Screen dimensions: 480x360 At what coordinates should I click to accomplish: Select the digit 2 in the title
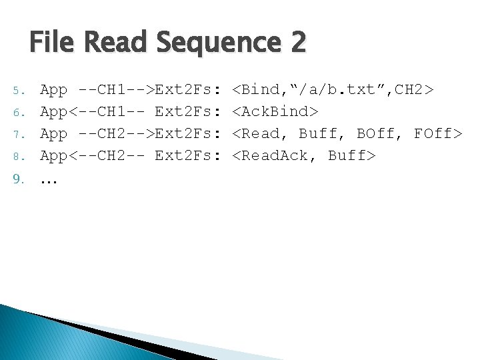pos(298,43)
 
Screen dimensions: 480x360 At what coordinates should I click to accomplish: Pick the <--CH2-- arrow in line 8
pos(107,156)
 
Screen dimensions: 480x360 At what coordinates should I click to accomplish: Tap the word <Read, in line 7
pos(262,133)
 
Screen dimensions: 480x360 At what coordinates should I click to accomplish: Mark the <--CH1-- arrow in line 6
pos(107,111)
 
